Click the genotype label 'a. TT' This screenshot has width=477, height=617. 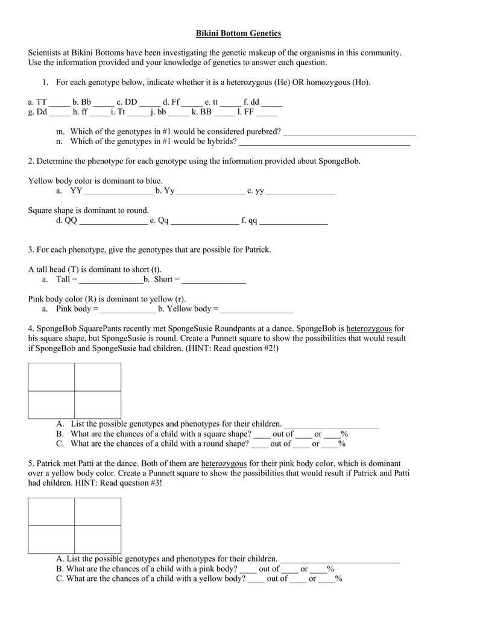pyautogui.click(x=37, y=103)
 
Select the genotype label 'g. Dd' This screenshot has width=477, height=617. pyautogui.click(x=37, y=112)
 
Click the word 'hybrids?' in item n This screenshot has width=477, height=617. pyautogui.click(x=221, y=142)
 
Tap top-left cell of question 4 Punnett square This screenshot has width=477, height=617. pyautogui.click(x=51, y=377)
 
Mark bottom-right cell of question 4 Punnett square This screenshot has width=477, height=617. pyautogui.click(x=98, y=405)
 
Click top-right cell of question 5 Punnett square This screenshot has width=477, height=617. pyautogui.click(x=98, y=512)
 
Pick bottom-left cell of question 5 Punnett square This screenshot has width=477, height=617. pyautogui.click(x=51, y=540)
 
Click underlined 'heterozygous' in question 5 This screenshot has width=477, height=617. pyautogui.click(x=224, y=464)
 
